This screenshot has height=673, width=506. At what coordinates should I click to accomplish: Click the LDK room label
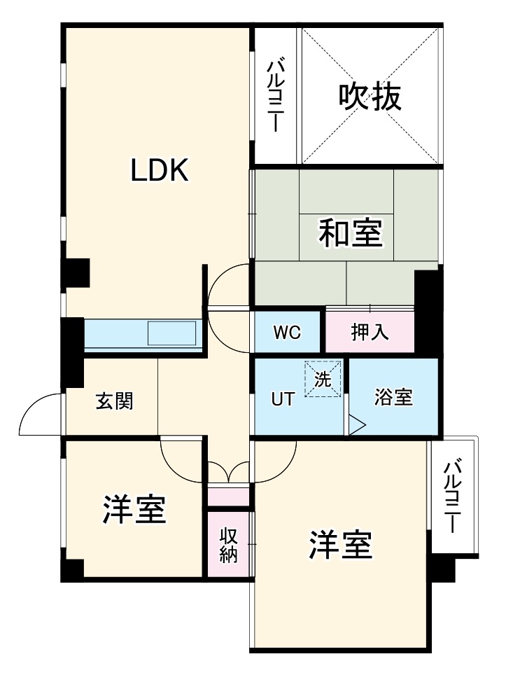[160, 169]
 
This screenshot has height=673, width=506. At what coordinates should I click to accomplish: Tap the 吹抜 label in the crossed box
[370, 97]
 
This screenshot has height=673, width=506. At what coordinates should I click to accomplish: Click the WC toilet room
[287, 333]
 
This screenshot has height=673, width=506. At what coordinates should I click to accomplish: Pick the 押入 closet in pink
[370, 333]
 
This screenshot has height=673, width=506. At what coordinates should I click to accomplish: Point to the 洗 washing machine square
[323, 379]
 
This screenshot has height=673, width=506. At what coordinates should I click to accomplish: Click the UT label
[283, 399]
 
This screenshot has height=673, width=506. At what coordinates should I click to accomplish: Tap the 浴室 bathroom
[393, 398]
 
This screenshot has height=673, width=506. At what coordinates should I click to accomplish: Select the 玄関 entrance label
[114, 401]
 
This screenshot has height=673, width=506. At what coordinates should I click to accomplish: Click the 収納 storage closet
[229, 544]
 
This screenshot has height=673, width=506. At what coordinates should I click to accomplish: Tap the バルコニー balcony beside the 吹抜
[276, 96]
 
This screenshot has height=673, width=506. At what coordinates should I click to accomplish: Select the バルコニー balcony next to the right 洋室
[454, 495]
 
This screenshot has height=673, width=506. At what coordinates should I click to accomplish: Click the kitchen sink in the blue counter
[171, 334]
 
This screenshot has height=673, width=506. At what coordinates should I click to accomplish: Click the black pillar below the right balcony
[442, 569]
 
